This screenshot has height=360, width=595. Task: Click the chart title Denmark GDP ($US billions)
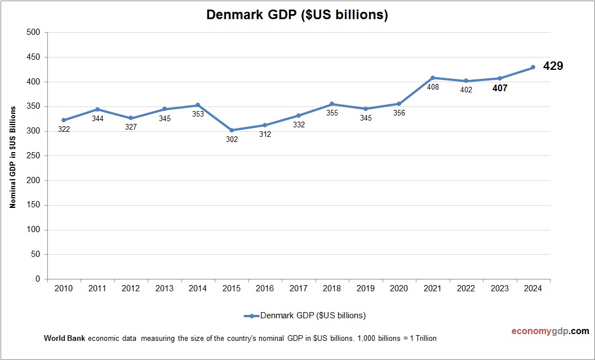(297, 15)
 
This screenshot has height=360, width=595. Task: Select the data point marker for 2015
(232, 130)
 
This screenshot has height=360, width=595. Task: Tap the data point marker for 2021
(433, 78)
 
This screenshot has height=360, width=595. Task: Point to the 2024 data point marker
(533, 68)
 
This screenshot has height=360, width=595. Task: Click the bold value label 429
(553, 66)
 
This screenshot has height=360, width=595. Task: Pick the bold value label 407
(499, 88)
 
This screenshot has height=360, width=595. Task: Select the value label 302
(232, 140)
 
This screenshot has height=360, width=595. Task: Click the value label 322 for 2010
(64, 130)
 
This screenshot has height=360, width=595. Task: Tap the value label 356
(398, 113)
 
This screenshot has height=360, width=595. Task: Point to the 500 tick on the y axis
(34, 33)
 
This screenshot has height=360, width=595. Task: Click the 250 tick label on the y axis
(34, 156)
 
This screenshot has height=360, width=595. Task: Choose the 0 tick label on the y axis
(38, 279)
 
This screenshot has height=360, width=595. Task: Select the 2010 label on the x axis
(64, 288)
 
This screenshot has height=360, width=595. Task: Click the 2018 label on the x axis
(332, 288)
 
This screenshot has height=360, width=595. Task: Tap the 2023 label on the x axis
(499, 288)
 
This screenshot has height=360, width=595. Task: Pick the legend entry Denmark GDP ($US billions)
(313, 315)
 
